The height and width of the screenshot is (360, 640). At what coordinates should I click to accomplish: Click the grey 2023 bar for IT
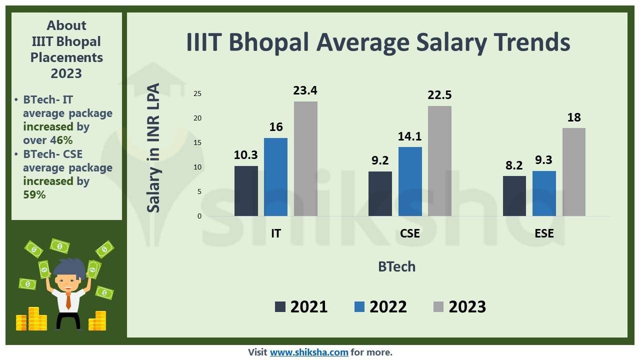pos(305,159)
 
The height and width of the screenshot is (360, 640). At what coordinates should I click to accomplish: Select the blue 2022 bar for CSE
pos(410,181)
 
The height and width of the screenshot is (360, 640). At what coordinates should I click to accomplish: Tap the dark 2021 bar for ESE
pos(514,196)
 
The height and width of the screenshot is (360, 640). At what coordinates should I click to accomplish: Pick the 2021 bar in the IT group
pos(246,191)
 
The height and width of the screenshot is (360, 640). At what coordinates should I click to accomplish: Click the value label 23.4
pos(305,90)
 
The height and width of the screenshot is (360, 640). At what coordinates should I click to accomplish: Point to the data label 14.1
pos(410,136)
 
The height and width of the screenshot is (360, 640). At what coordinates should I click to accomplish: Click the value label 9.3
pos(544,160)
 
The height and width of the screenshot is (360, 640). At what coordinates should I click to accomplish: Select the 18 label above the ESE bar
pos(574,117)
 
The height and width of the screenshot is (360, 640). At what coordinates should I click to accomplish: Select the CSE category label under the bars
pos(410,233)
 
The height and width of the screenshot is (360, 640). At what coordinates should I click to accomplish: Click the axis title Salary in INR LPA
pos(154,148)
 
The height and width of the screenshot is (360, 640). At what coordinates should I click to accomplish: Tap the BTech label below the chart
pos(396,266)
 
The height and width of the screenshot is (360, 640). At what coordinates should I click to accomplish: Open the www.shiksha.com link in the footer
pos(309,352)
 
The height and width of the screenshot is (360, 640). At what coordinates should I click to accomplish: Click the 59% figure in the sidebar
pos(34,194)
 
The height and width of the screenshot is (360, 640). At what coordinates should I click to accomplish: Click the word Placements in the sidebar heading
pos(66,57)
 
